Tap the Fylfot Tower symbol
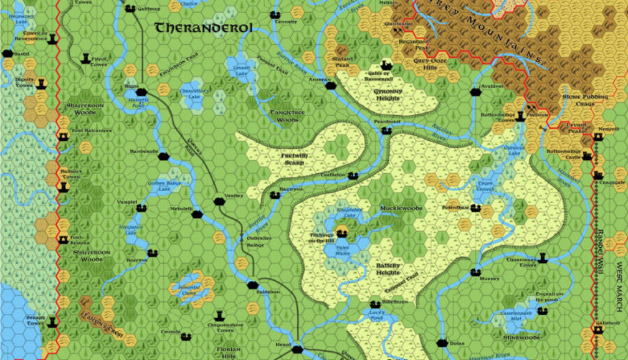(86, 58)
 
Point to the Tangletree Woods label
(284, 115)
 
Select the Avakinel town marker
(476, 92)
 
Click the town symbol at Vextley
(219, 201)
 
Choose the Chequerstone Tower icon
(219, 315)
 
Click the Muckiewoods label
(401, 208)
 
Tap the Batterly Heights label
(388, 269)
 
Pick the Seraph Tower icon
(53, 322)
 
